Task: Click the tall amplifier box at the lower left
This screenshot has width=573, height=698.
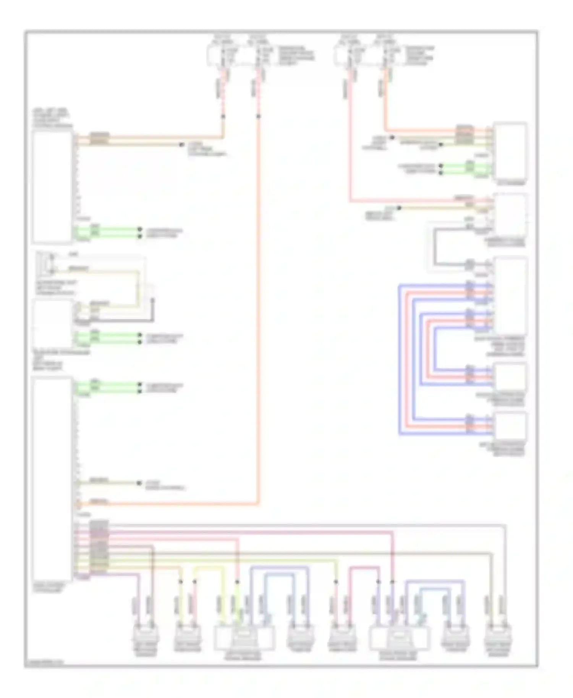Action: tap(52, 479)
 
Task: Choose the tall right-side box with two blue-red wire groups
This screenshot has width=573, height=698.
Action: tap(510, 295)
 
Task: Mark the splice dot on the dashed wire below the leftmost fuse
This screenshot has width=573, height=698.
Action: tap(223, 116)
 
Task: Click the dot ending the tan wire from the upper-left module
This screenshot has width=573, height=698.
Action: tap(182, 145)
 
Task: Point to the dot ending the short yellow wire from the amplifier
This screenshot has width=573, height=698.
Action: tap(139, 483)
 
